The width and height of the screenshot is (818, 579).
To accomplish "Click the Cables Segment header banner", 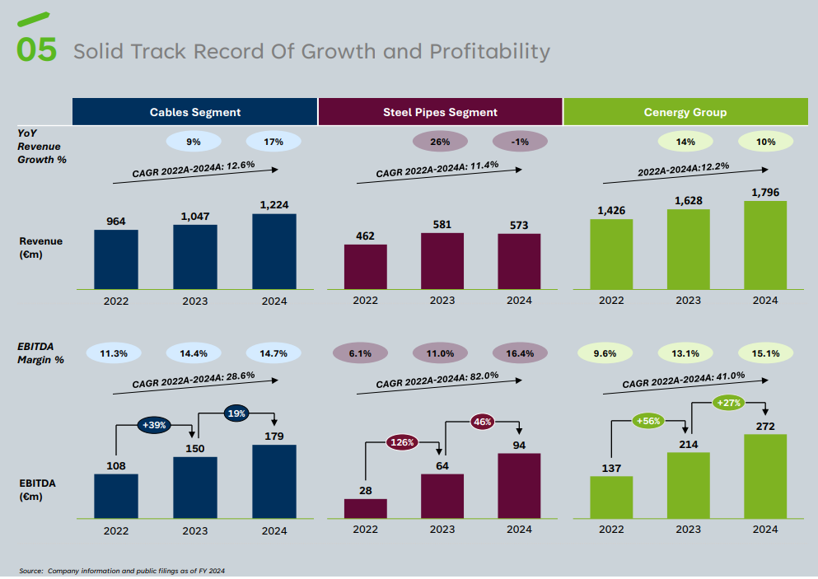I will [x=195, y=112].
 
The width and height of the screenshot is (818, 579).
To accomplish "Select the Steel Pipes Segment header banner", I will [x=440, y=112].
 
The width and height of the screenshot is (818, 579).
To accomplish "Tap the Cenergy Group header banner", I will [x=685, y=112].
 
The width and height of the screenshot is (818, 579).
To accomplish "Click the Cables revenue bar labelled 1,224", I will [x=274, y=251].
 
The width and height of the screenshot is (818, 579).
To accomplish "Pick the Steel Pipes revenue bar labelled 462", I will [x=366, y=266].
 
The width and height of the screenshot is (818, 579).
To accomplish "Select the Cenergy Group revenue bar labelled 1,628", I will [x=689, y=249].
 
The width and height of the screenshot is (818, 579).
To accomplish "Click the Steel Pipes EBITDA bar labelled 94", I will [x=519, y=485].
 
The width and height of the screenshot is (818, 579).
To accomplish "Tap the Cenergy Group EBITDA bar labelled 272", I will [x=765, y=475].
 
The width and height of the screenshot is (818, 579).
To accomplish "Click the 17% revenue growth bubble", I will [x=273, y=142].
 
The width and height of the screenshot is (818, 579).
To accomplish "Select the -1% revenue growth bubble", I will [x=520, y=142].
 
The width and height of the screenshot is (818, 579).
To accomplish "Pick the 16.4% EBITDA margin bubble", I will [x=520, y=353].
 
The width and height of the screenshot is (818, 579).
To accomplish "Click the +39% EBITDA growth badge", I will [x=156, y=425].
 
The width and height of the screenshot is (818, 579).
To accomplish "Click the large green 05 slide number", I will [x=37, y=49].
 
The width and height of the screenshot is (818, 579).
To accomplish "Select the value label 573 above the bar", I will [x=519, y=225].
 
